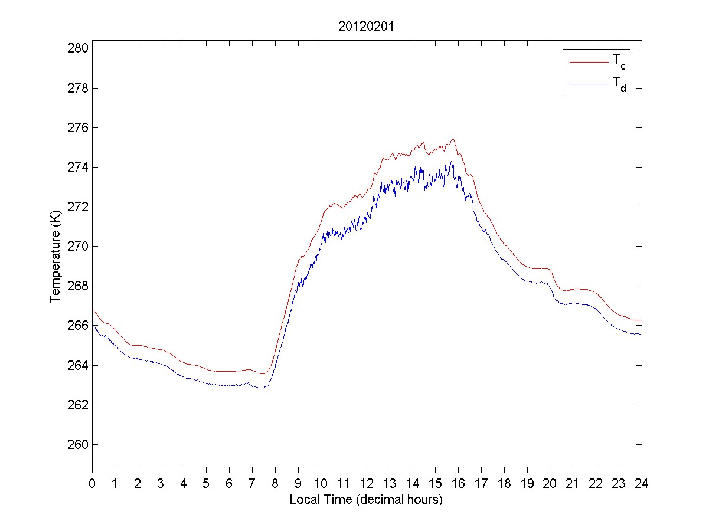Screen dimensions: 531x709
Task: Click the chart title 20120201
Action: click(x=366, y=27)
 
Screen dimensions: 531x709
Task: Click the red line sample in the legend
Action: click(x=588, y=61)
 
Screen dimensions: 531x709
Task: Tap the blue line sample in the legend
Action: click(x=588, y=85)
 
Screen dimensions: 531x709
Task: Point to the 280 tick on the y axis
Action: click(x=79, y=48)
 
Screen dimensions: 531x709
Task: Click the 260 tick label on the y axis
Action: click(x=79, y=445)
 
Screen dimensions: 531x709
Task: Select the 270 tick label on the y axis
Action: click(x=79, y=247)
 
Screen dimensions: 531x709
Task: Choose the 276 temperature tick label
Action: click(x=79, y=127)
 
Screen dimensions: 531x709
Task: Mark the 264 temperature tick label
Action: click(x=79, y=366)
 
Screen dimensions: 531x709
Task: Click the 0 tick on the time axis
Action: click(x=92, y=484)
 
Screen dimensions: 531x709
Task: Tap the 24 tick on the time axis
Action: click(x=642, y=484)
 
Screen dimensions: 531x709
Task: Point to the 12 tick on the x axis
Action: click(x=367, y=484)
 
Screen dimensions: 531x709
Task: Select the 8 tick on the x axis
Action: click(x=275, y=484)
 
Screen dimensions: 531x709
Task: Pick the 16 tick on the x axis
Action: click(x=458, y=484)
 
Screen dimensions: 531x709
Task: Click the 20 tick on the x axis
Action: click(x=550, y=484)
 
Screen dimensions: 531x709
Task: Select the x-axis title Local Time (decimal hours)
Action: click(x=366, y=500)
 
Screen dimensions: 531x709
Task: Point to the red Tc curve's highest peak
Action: click(x=453, y=140)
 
